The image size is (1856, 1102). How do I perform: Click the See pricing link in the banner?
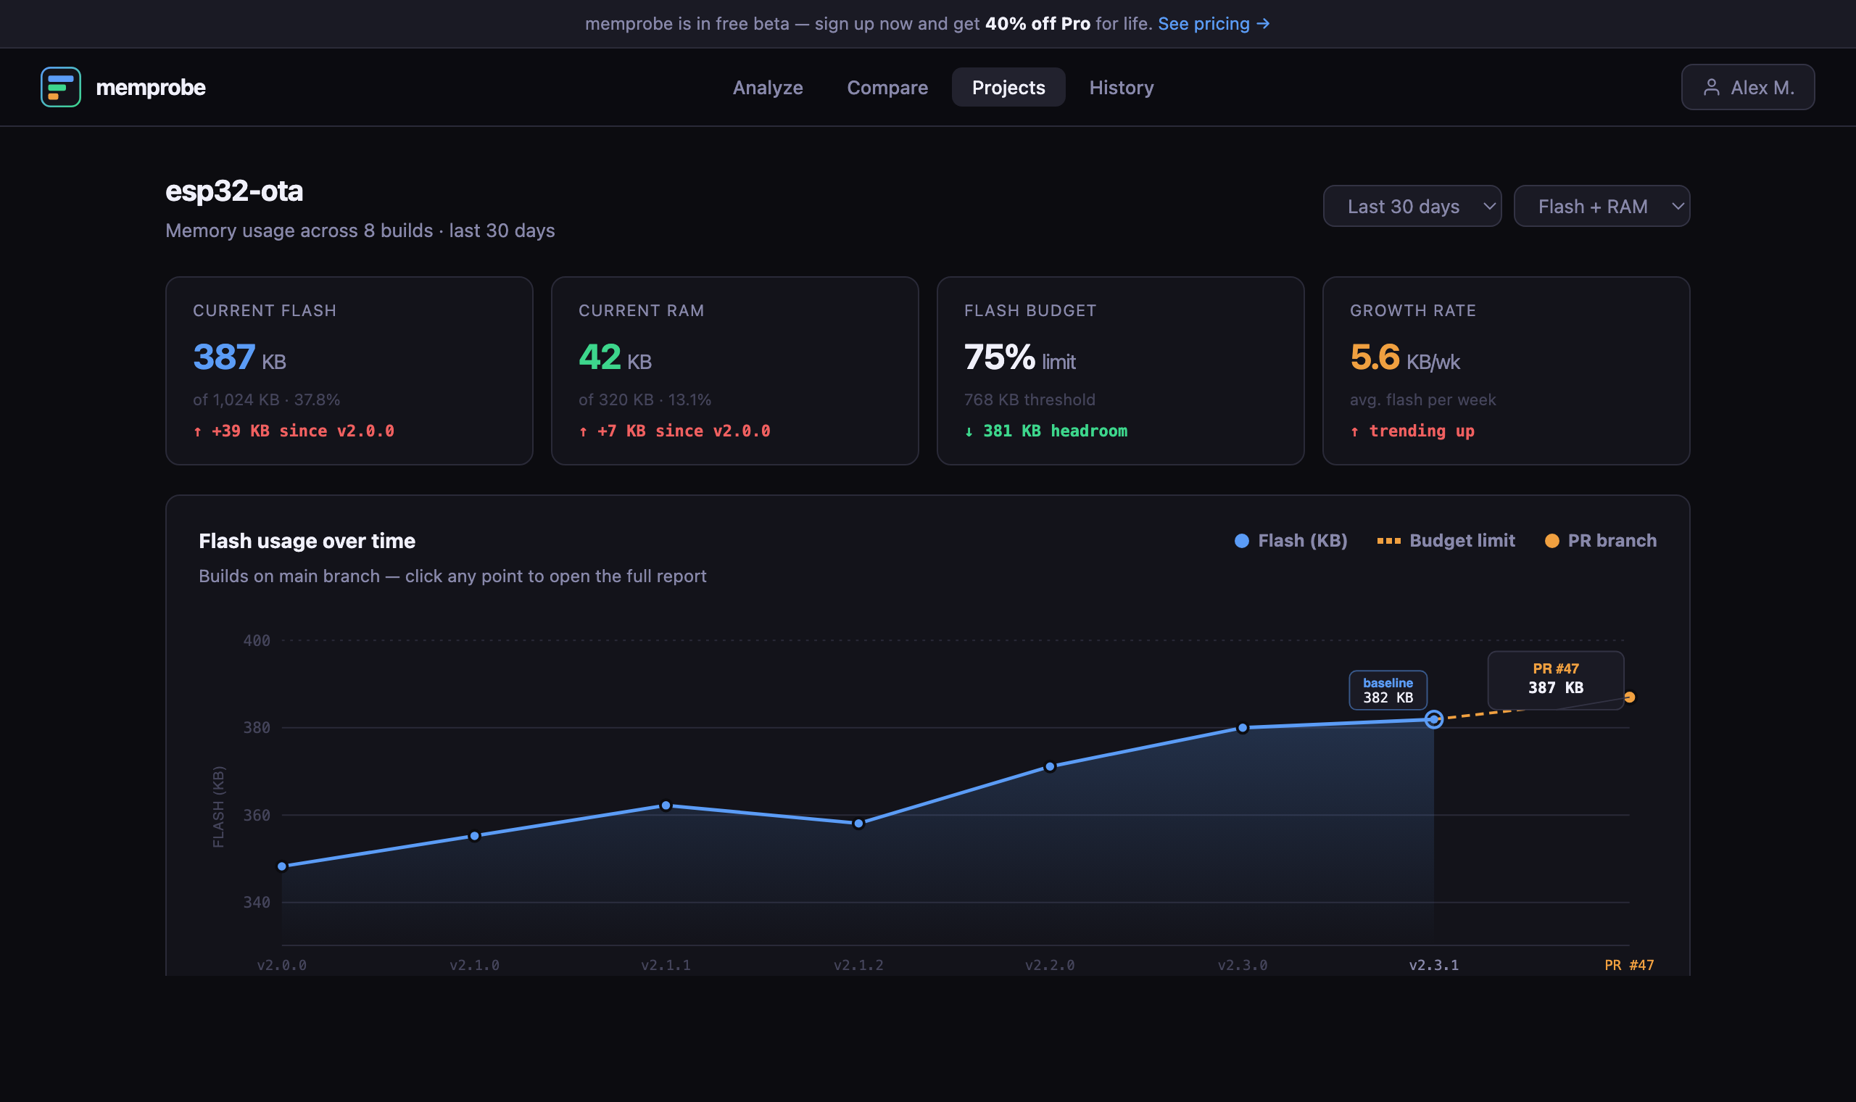click(1213, 24)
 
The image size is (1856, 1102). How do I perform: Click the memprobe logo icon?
click(61, 87)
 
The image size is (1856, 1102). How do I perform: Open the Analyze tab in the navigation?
click(768, 88)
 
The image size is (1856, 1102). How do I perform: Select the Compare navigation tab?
click(887, 88)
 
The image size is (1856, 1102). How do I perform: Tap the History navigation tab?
click(1121, 88)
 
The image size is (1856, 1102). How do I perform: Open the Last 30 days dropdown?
click(1412, 207)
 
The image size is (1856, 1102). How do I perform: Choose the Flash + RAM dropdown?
click(1602, 207)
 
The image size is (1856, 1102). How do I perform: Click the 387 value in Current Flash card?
click(224, 357)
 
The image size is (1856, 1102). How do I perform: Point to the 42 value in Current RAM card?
click(600, 357)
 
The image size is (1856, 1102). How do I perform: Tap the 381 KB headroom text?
click(1054, 431)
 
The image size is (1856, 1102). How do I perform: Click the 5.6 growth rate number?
click(1375, 357)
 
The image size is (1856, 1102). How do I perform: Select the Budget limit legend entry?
click(1446, 541)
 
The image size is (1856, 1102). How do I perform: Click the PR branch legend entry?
click(1601, 541)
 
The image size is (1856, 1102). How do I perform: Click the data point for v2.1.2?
click(858, 824)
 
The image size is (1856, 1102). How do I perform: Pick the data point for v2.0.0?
click(282, 866)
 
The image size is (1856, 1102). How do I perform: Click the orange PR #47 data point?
click(1630, 697)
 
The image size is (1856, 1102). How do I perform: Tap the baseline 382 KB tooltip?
click(1388, 691)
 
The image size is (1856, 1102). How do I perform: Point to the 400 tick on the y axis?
click(257, 641)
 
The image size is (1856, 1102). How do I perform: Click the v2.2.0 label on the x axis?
click(1050, 966)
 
